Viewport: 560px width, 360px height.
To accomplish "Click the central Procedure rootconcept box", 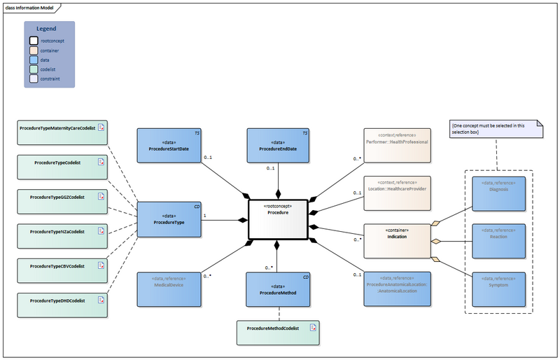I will pyautogui.click(x=278, y=219).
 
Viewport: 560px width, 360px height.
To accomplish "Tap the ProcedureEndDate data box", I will pyautogui.click(x=278, y=145).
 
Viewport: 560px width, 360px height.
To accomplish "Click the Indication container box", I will pyautogui.click(x=397, y=241).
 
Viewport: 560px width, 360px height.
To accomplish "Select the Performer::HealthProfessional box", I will pyautogui.click(x=397, y=145).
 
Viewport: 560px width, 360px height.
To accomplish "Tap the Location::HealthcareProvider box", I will pyautogui.click(x=397, y=192).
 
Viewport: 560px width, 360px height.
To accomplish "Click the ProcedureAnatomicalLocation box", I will pyautogui.click(x=397, y=289).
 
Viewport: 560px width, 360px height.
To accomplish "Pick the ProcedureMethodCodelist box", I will pyautogui.click(x=277, y=332).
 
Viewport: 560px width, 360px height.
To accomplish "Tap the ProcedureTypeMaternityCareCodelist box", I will pyautogui.click(x=62, y=132).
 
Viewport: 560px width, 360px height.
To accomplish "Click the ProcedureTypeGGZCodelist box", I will pyautogui.click(x=62, y=201).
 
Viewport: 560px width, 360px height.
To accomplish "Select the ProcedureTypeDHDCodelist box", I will pyautogui.click(x=62, y=304).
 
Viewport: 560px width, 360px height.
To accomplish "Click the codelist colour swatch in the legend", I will pyautogui.click(x=34, y=69).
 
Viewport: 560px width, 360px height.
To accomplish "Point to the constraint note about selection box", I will pyautogui.click(x=497, y=128).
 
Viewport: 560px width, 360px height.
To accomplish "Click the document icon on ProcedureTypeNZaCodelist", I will pyautogui.click(x=101, y=230).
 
